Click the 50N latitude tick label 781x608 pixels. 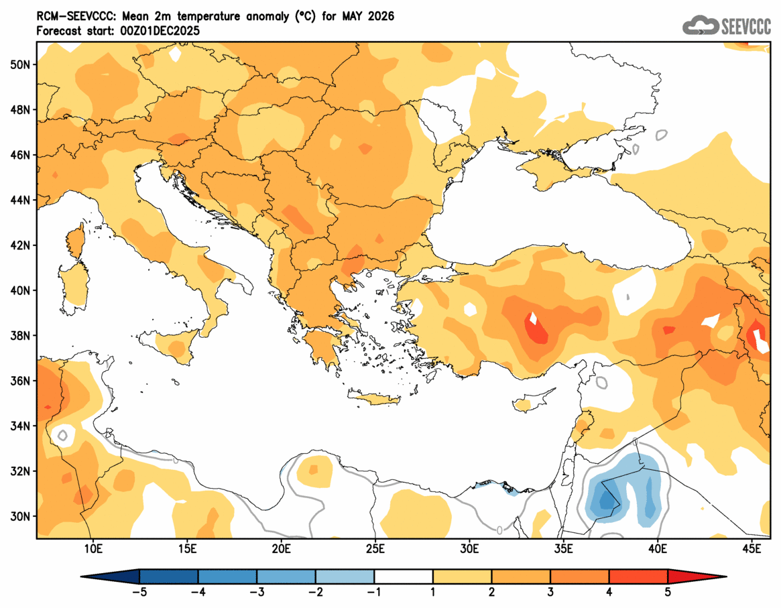[x=21, y=64]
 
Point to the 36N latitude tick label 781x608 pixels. [x=21, y=381]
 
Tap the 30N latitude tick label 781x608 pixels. [x=21, y=516]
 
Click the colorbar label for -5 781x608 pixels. [x=139, y=592]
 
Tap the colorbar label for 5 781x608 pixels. [x=668, y=592]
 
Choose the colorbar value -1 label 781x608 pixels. [x=374, y=592]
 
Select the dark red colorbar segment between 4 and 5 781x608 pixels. [x=638, y=576]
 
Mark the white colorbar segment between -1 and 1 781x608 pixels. [x=404, y=576]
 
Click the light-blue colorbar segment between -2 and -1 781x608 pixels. [x=345, y=576]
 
